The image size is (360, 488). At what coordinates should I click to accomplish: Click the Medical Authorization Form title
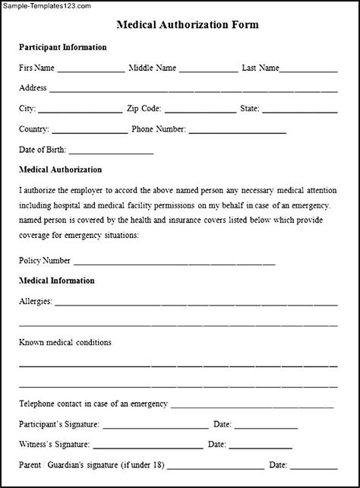pos(187,24)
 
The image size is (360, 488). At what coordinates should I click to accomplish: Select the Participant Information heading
pos(62,47)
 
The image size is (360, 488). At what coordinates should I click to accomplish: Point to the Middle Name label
pos(152,68)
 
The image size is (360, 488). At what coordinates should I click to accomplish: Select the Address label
pos(33,87)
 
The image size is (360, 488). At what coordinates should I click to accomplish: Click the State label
pos(249,109)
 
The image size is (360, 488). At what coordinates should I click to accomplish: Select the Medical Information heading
pos(57,280)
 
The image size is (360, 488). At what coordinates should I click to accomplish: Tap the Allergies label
pos(35,301)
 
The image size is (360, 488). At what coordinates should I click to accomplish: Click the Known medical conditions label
pos(65,342)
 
